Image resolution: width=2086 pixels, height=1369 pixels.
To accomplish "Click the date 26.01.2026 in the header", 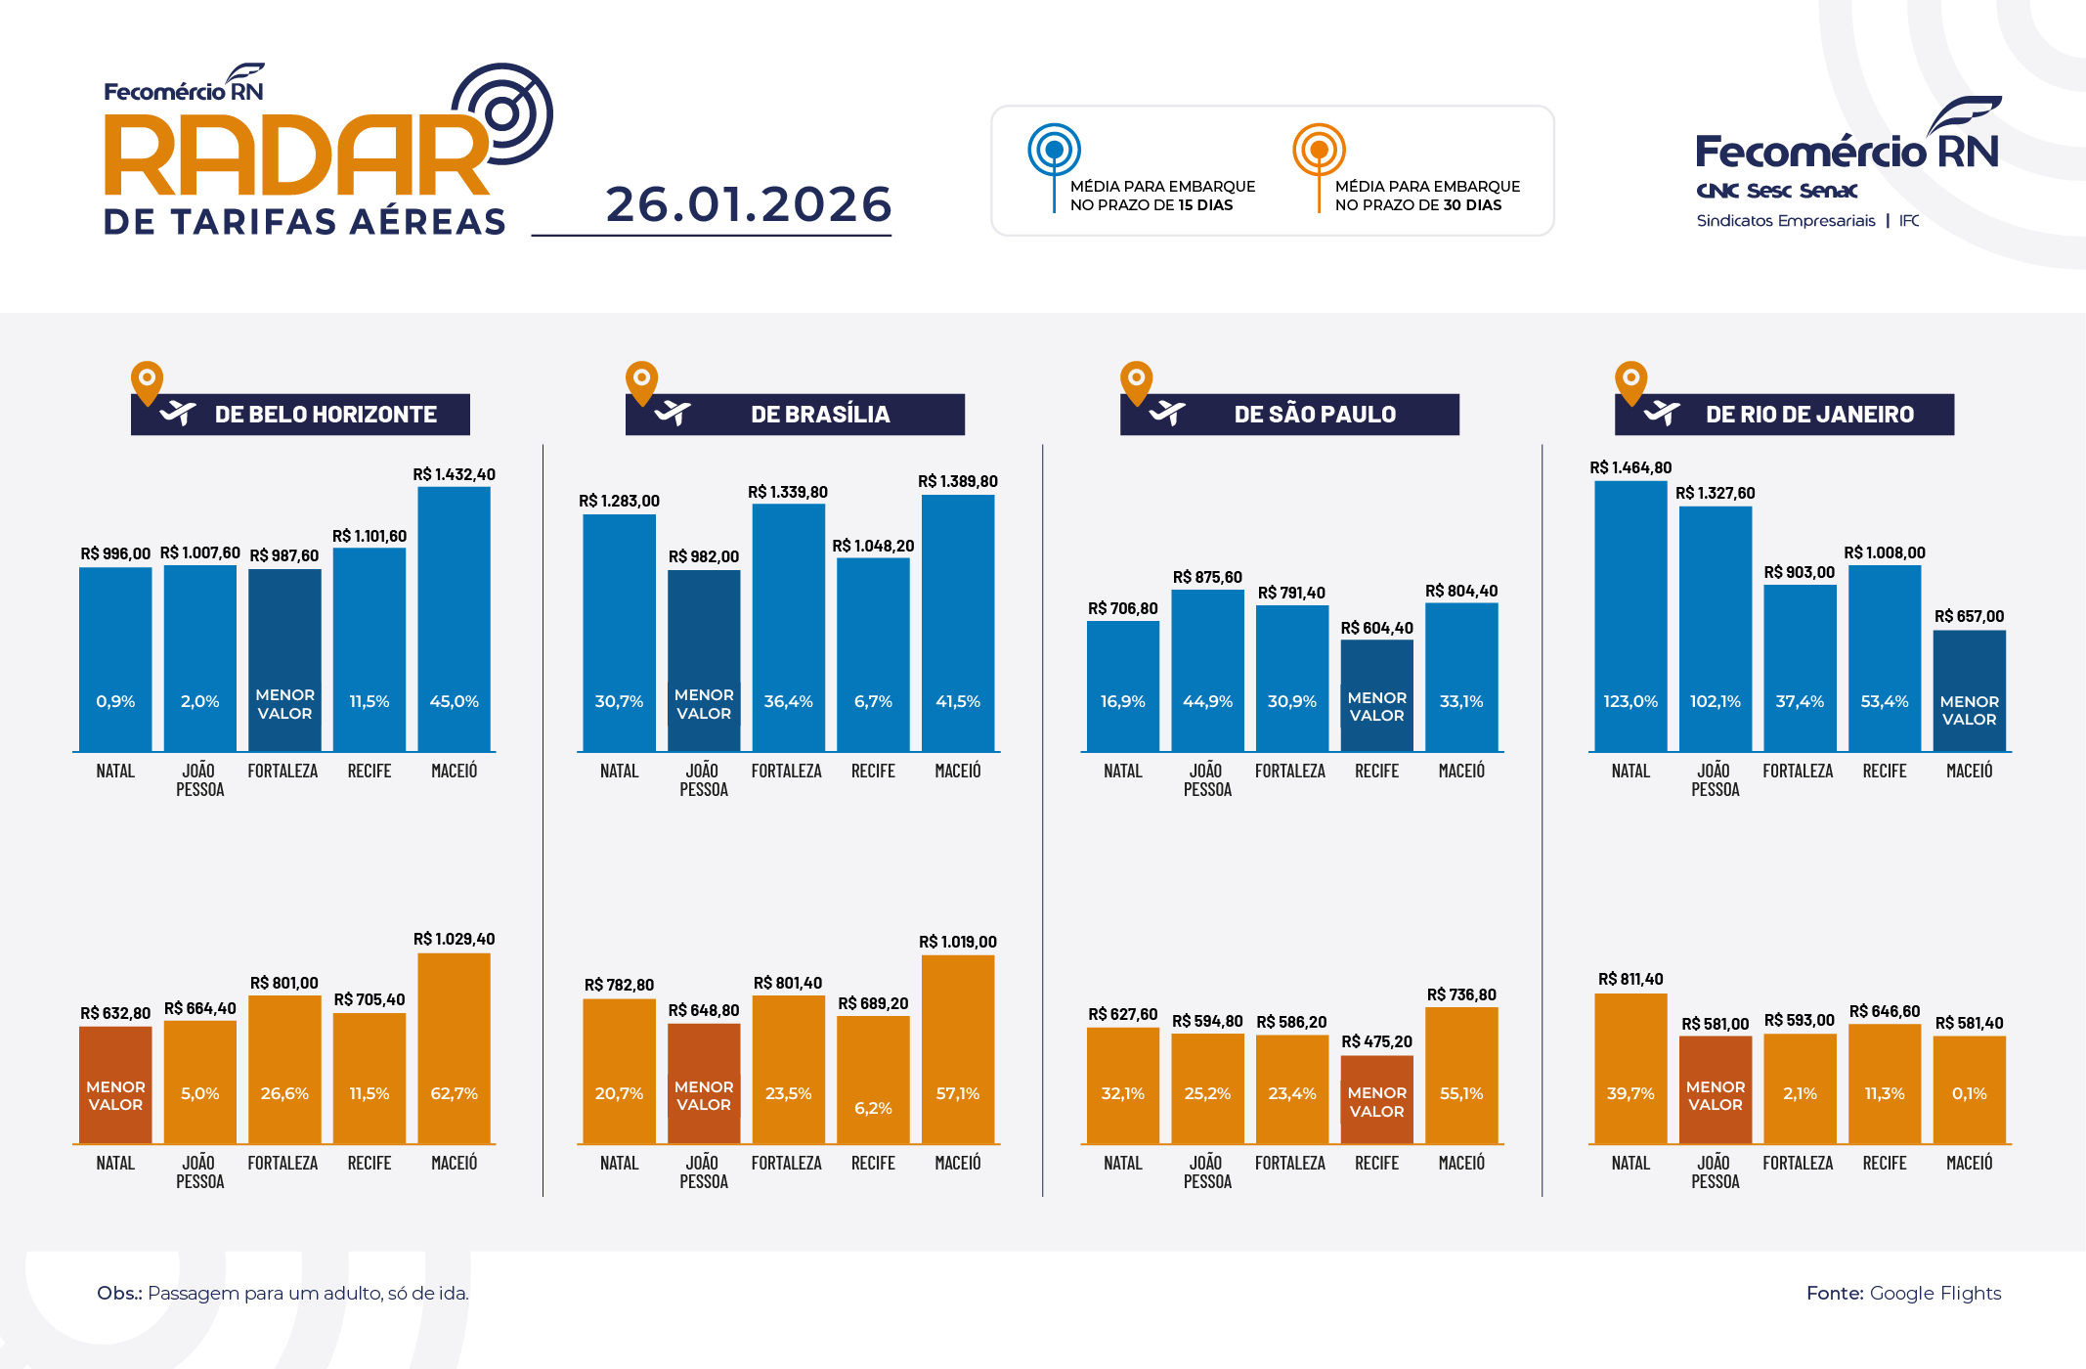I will point(748,204).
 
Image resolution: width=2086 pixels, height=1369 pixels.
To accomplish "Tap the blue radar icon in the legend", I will point(1054,151).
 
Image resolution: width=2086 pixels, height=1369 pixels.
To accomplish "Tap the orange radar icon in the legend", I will point(1319,151).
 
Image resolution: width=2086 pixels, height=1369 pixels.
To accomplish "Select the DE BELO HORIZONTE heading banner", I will point(301,415).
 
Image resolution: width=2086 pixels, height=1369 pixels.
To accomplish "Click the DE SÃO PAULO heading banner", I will point(1290,415).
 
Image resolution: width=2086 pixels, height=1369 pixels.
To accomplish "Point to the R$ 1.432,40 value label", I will point(454,474).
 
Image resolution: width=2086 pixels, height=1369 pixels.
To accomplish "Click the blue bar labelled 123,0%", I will point(1630,616).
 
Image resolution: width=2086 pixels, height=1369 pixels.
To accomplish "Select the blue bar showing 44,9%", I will point(1207,670).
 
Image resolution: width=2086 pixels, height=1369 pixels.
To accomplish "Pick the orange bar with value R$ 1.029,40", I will point(454,1046).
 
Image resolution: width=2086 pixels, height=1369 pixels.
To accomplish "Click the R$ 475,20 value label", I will point(1376,1041).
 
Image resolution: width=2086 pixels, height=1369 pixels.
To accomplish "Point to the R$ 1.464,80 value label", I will point(1630,467).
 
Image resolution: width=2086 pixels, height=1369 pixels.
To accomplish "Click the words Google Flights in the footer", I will point(1934,1293).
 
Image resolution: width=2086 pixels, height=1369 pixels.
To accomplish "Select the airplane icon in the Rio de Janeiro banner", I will point(1662,414).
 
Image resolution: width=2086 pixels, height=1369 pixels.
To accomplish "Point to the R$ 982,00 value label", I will point(703,556).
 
